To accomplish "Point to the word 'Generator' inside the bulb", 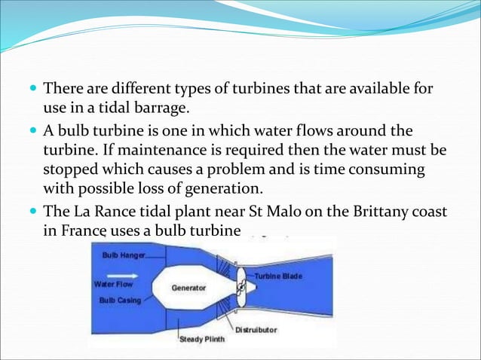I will click(x=189, y=288).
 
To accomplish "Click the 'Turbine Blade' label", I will click(x=277, y=276).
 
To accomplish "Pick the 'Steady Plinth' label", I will click(x=201, y=339).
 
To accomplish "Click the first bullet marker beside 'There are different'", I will click(x=33, y=90).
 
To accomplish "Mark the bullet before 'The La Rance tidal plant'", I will click(x=33, y=213).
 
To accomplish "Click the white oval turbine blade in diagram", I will click(x=240, y=288).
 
